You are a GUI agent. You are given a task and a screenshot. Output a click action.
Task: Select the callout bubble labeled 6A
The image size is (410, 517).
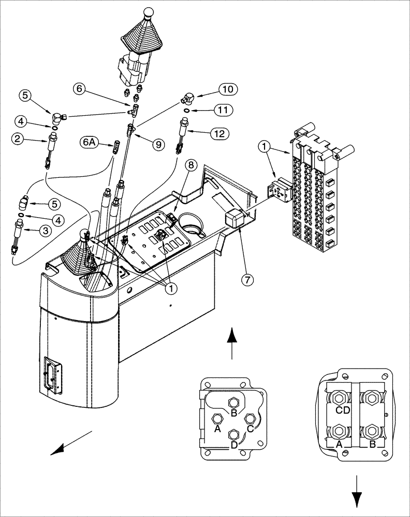click(x=89, y=141)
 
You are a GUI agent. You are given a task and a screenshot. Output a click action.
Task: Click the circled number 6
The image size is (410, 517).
click(x=79, y=89)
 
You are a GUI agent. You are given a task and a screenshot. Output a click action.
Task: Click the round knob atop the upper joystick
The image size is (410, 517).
click(x=149, y=11)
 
